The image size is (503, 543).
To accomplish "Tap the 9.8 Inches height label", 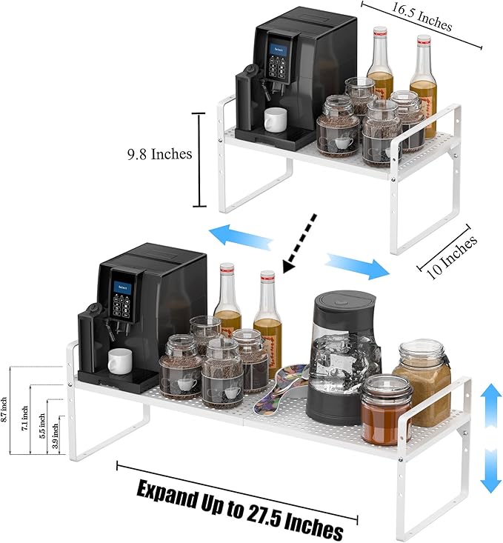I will [159, 154].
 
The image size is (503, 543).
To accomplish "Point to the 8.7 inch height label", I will [4, 410].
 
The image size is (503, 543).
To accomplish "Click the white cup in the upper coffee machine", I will [276, 118].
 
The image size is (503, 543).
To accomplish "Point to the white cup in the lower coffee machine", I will [120, 362].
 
